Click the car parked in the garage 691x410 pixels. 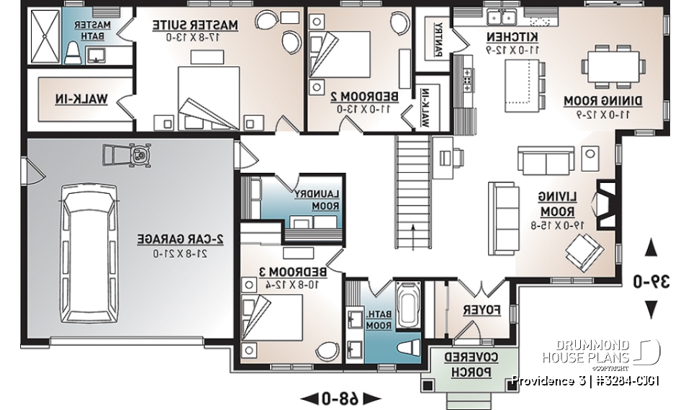click(89, 257)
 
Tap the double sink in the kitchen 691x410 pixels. click(502, 17)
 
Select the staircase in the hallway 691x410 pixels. click(413, 191)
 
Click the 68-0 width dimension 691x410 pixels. click(340, 397)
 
